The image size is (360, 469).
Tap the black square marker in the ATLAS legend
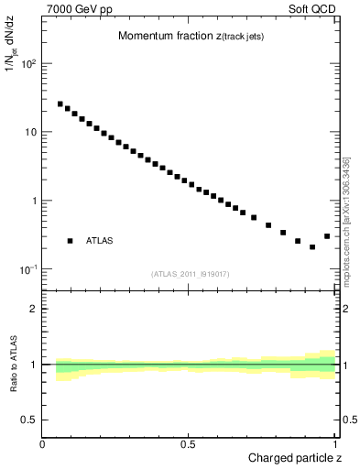(70, 241)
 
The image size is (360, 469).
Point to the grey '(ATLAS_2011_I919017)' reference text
(189, 274)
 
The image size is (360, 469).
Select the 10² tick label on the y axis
(27, 64)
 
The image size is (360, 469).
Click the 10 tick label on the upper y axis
(29, 132)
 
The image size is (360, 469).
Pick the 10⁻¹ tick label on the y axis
(27, 269)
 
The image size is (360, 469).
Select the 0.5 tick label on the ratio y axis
(28, 420)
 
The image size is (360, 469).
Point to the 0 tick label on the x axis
(43, 444)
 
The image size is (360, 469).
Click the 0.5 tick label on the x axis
(189, 444)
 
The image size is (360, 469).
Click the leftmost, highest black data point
(60, 104)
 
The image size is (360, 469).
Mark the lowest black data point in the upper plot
(312, 247)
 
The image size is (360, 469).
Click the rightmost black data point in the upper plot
(327, 236)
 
